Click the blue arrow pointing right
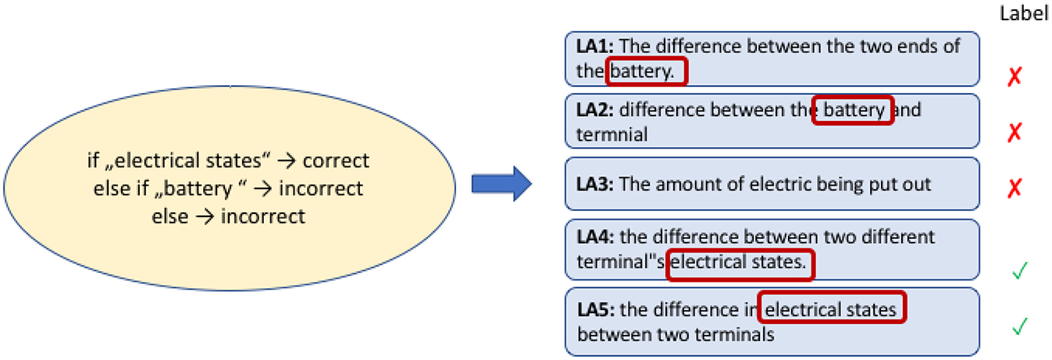tap(501, 184)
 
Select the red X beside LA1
tap(1015, 77)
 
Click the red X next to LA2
tap(1015, 131)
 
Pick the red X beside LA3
tap(1015, 187)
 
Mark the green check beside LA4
tap(1018, 270)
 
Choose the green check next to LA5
tap(1018, 326)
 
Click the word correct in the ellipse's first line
tap(336, 162)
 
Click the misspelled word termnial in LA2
tap(612, 134)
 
